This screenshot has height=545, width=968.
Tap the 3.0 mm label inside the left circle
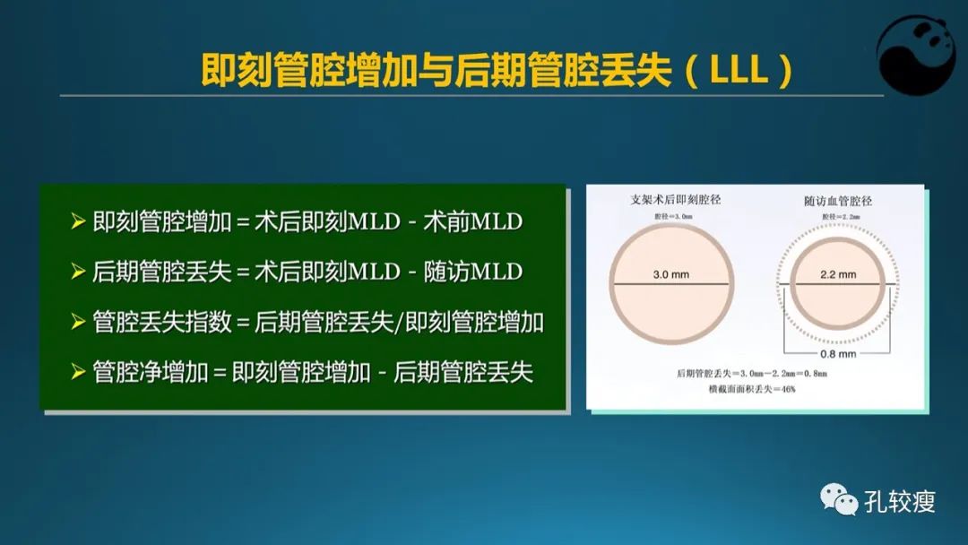(670, 274)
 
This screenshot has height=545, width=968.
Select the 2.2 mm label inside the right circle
(838, 274)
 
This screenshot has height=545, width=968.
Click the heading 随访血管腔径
(838, 201)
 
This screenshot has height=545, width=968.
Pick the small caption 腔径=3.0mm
(672, 216)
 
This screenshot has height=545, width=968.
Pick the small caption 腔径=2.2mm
(838, 217)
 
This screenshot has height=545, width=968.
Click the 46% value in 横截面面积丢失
(785, 389)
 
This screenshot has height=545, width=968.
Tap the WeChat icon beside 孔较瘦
(840, 499)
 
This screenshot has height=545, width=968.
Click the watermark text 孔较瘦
(900, 501)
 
